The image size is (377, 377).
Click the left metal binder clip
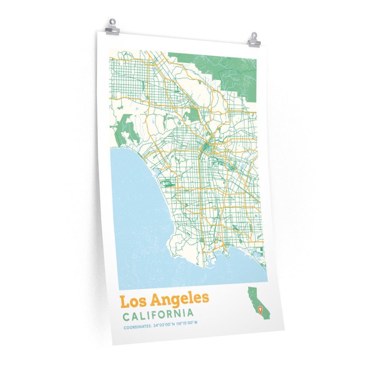click(112, 27)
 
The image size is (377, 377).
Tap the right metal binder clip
click(254, 40)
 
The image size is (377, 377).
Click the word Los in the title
click(133, 301)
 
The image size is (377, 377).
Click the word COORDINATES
click(137, 327)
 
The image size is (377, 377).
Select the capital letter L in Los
click(124, 302)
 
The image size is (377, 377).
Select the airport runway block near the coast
click(167, 183)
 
